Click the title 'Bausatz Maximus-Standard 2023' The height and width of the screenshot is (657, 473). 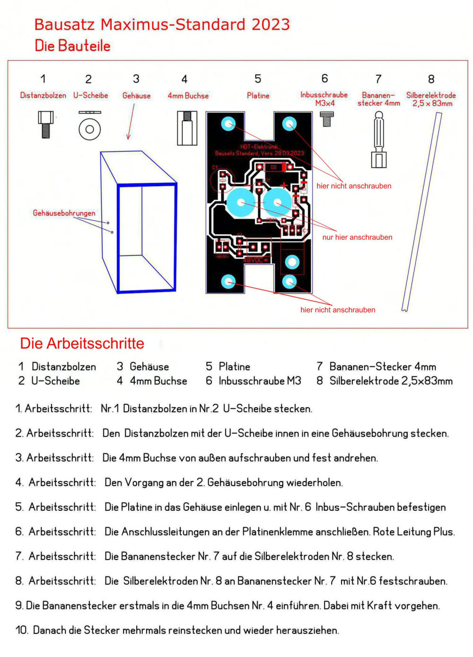click(162, 25)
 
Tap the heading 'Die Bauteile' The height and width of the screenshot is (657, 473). click(72, 46)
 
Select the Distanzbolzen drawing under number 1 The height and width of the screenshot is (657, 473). click(45, 124)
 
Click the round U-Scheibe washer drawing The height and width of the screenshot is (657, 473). click(89, 128)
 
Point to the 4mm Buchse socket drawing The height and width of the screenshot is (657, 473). click(187, 128)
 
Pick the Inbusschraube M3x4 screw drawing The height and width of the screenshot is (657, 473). click(327, 118)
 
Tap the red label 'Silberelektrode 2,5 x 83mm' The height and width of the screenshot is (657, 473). click(431, 99)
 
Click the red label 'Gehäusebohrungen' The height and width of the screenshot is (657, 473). click(64, 213)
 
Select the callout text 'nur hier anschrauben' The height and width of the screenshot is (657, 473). click(357, 237)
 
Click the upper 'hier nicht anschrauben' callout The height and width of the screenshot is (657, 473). click(354, 186)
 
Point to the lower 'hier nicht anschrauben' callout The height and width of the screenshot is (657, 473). click(338, 310)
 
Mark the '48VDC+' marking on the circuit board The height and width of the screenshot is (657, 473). click(256, 260)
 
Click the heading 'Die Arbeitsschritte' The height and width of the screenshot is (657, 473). click(82, 343)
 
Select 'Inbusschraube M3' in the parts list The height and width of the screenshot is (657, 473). click(260, 381)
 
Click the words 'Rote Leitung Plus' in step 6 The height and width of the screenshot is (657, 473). click(413, 532)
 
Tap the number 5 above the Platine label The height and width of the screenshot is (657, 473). click(258, 79)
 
